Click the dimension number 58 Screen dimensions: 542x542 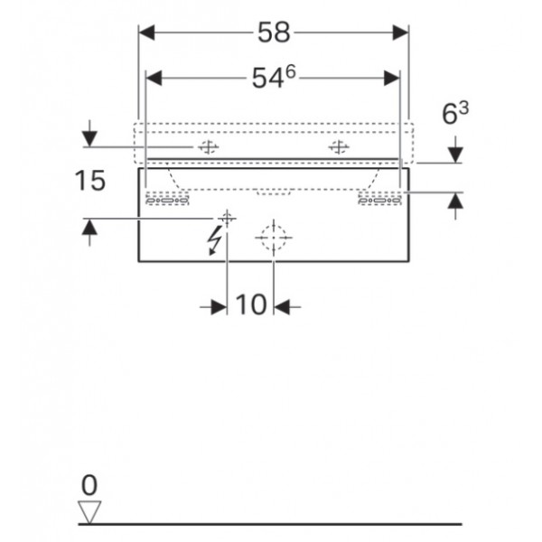pyautogui.click(x=274, y=33)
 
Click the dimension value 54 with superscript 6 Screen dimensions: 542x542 pyautogui.click(x=274, y=78)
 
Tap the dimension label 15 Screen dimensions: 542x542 pyautogui.click(x=89, y=181)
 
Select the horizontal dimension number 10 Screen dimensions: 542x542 pyautogui.click(x=251, y=304)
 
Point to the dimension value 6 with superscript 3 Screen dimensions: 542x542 pyautogui.click(x=455, y=113)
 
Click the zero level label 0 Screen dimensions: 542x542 pyautogui.click(x=89, y=485)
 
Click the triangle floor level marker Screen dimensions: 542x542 pyautogui.click(x=89, y=512)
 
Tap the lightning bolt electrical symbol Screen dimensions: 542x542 pyautogui.click(x=214, y=240)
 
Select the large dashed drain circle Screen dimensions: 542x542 pyautogui.click(x=274, y=238)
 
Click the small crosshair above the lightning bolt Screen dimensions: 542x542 pyautogui.click(x=227, y=219)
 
